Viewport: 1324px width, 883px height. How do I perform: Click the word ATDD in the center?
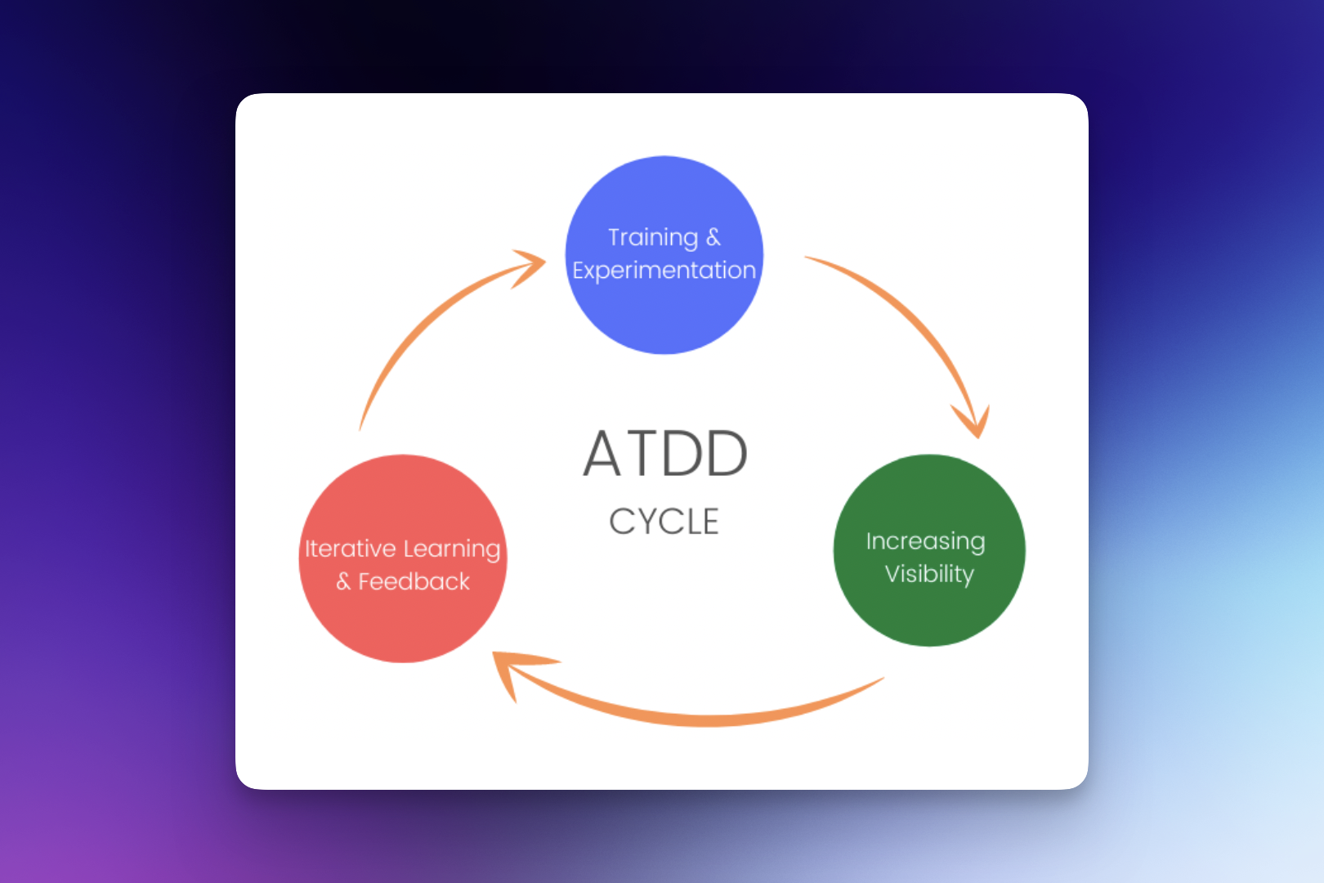coord(665,454)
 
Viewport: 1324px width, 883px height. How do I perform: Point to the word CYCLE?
coord(664,522)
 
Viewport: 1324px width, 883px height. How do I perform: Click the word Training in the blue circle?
coord(652,237)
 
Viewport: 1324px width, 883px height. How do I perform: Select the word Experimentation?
coord(664,271)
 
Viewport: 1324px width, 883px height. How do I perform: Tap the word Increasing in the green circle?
coord(925,541)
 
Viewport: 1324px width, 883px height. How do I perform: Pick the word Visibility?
coord(929,574)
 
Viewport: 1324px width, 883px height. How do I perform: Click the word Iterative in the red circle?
coord(350,549)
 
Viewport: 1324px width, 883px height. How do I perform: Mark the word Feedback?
coord(414,581)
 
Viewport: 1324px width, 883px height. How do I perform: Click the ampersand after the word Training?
coord(713,237)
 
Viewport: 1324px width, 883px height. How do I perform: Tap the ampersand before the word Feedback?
coord(343,581)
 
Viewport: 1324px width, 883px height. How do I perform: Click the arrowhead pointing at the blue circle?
coord(530,265)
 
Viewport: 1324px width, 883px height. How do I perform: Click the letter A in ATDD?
coord(602,454)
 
